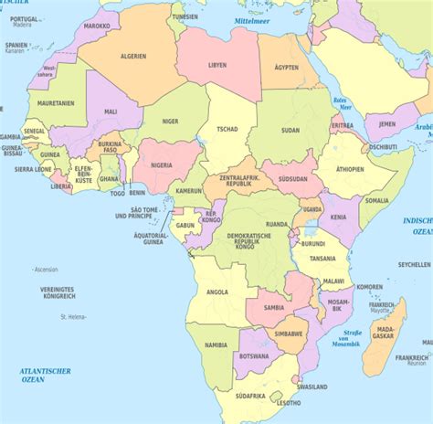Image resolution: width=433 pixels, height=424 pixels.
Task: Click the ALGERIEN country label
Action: [132, 56]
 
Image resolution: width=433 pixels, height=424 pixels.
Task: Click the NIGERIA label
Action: [161, 165]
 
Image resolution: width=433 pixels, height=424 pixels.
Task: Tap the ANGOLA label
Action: [217, 291]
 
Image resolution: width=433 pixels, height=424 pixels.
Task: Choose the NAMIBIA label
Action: [216, 345]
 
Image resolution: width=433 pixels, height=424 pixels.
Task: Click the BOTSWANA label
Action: [255, 355]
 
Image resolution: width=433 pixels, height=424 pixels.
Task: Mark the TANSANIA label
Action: [321, 258]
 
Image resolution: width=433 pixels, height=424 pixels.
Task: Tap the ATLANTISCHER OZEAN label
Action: [46, 375]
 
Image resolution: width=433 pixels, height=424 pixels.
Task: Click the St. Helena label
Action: [72, 317]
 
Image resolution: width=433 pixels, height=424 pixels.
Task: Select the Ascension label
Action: [45, 270]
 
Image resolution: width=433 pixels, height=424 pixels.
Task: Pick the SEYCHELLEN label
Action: [414, 264]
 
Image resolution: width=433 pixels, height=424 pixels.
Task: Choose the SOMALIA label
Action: [376, 199]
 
